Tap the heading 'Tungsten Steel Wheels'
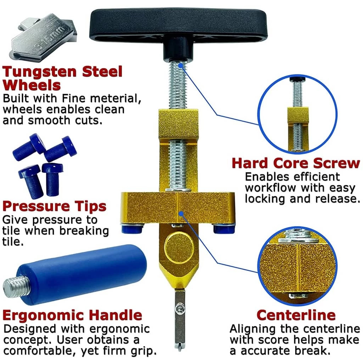[62, 78]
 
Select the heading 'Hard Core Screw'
[296, 163]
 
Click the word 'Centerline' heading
[296, 315]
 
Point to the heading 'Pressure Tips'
[54, 206]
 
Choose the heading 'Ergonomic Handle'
[72, 315]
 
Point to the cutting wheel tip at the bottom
[179, 346]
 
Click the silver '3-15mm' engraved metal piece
[43, 37]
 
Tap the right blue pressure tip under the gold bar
[224, 229]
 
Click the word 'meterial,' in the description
[116, 99]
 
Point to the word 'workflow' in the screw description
[270, 188]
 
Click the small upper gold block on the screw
[179, 124]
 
